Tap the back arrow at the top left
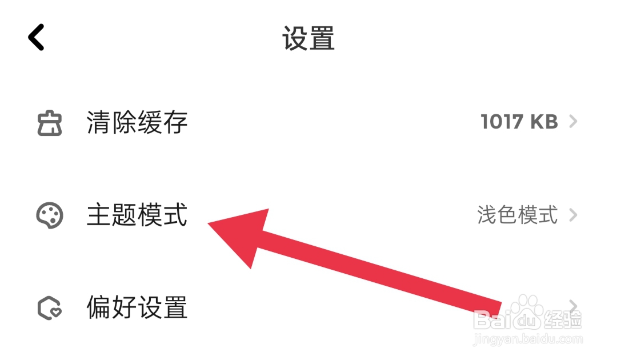(x=36, y=38)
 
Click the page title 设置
(x=308, y=38)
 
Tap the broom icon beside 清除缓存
(x=50, y=122)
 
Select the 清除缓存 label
(x=137, y=122)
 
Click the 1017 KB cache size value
(x=519, y=122)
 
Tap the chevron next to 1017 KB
(x=573, y=122)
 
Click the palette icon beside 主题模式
(x=50, y=216)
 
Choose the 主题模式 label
(x=137, y=216)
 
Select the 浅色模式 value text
(x=517, y=215)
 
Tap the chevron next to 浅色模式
(x=573, y=215)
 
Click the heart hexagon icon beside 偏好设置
(x=50, y=309)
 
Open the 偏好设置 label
(x=137, y=308)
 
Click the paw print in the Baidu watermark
(x=526, y=311)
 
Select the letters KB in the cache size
(x=544, y=122)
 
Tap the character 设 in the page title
(x=295, y=38)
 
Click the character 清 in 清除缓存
(x=99, y=122)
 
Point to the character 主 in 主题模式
(x=99, y=216)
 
